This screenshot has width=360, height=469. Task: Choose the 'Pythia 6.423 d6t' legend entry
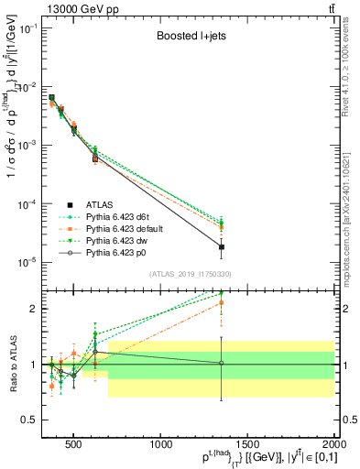click(132, 217)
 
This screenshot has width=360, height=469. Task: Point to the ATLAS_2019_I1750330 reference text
click(189, 274)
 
